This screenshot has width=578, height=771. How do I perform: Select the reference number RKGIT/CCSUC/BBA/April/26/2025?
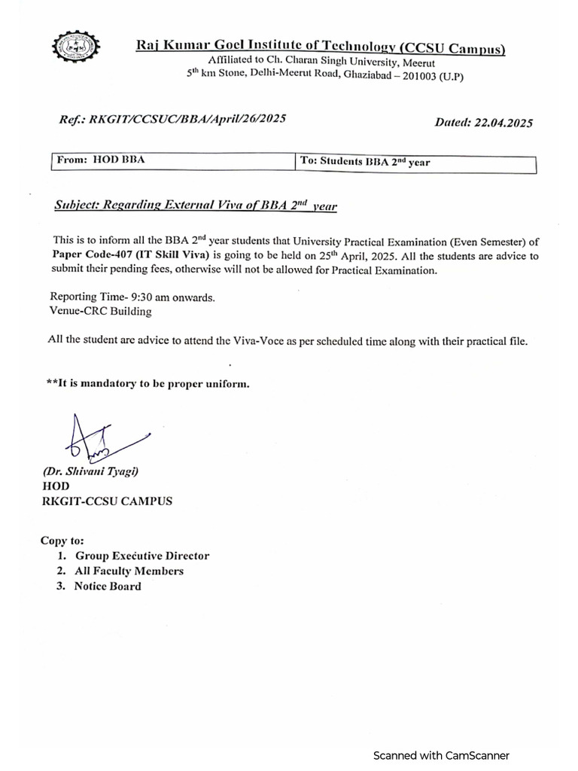pos(187,119)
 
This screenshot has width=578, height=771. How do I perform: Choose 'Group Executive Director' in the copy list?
pos(141,556)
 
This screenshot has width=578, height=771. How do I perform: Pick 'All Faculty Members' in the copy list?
pos(129,571)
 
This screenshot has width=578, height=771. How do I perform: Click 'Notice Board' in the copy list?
pos(108,586)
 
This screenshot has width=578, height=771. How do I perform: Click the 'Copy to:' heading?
pos(62,541)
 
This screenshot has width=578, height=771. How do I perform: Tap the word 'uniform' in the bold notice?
pos(224,384)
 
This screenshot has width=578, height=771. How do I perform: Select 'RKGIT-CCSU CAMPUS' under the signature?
pos(107,501)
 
